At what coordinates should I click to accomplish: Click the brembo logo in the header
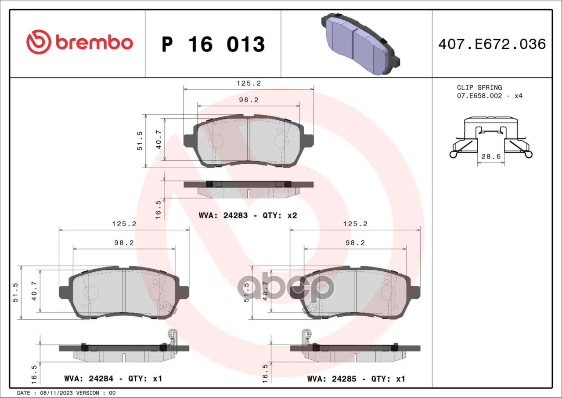79,42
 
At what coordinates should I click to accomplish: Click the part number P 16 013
213,44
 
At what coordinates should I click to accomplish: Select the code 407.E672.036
492,44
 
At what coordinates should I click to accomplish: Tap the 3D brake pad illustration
360,43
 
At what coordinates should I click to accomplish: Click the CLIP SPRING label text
479,87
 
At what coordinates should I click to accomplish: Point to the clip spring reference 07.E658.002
479,96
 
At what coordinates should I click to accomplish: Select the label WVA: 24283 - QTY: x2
248,216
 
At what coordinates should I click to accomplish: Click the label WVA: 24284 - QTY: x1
113,379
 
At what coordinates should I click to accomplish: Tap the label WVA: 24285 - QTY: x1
356,379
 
